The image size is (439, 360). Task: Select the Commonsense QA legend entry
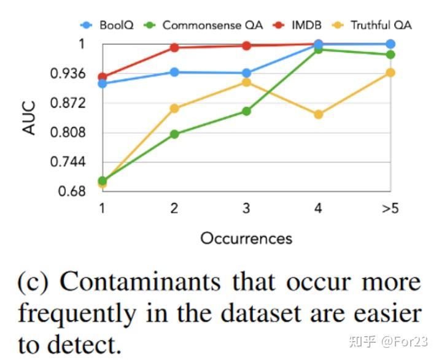point(205,25)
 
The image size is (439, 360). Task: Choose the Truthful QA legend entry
point(373,25)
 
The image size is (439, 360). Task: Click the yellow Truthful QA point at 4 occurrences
point(318,115)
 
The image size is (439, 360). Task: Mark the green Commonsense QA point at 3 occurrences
point(246,111)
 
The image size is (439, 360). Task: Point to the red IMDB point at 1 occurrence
point(102,77)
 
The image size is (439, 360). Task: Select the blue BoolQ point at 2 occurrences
point(174,72)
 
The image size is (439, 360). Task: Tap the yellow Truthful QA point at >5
point(390,73)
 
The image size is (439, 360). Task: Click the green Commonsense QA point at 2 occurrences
point(174,134)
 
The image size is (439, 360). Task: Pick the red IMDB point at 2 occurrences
point(174,47)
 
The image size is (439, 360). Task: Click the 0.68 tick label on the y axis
point(75,191)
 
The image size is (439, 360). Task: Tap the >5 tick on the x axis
point(390,209)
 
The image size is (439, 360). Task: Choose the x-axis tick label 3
point(246,209)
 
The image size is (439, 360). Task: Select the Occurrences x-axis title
point(246,238)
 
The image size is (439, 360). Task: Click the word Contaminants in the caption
point(134,283)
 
